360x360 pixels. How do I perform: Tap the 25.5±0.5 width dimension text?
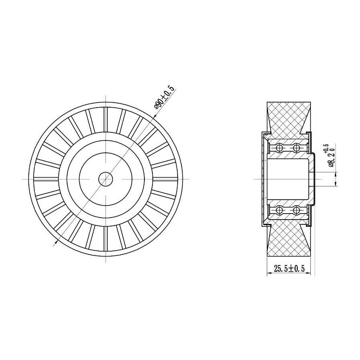coord(289,268)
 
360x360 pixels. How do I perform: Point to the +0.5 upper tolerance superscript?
coord(326,148)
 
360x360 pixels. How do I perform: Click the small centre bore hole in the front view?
coord(106,179)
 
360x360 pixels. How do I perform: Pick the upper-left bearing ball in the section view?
coord(279,148)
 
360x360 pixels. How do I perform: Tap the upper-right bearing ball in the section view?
coord(297,148)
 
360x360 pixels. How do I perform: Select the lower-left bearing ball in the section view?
coord(279,210)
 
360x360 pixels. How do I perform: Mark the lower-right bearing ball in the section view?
coord(297,210)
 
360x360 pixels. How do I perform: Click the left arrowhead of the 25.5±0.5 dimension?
coord(270,273)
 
